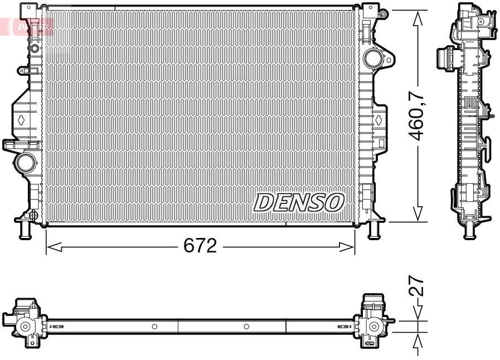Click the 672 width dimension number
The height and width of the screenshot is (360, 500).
[x=200, y=246]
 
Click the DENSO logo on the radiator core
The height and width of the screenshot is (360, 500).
[x=299, y=203]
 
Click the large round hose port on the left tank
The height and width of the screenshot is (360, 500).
[x=25, y=163]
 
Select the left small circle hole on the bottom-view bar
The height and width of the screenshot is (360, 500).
[x=154, y=326]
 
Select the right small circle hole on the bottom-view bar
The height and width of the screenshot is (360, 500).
[x=246, y=326]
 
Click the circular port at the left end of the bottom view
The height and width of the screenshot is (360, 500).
[x=26, y=327]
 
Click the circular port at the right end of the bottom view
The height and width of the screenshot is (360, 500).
[x=373, y=327]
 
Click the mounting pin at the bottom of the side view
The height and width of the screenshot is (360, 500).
[x=469, y=230]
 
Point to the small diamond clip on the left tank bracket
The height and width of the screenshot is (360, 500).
[x=21, y=119]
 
